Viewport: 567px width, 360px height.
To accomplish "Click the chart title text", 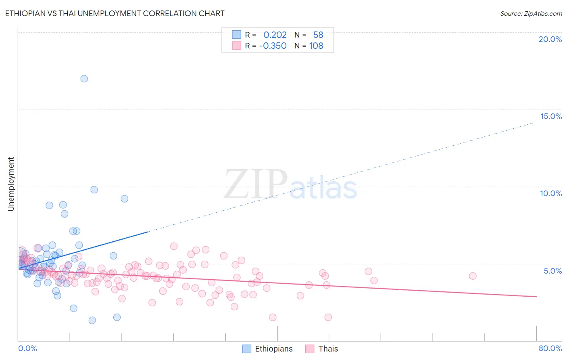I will click(115, 13).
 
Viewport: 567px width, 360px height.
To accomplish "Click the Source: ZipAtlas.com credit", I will click(531, 13).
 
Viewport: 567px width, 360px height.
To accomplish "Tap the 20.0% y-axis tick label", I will click(550, 39).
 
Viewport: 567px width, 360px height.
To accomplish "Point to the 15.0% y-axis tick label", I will click(551, 116).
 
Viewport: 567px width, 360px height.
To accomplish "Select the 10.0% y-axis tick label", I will click(551, 193).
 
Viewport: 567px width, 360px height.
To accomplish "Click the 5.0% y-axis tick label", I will click(552, 271).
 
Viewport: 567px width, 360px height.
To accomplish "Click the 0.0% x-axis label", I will click(27, 348).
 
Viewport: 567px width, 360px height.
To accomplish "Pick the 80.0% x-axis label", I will click(550, 348).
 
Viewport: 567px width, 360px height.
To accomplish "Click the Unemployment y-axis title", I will click(11, 184).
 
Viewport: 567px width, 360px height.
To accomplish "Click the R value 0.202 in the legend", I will click(275, 35).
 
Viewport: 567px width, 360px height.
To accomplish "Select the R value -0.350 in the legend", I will click(273, 46).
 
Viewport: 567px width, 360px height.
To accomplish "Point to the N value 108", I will click(316, 46).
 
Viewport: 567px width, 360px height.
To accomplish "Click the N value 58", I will click(318, 35).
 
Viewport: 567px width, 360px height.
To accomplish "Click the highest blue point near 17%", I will click(84, 79).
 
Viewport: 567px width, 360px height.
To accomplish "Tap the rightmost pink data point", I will click(473, 276).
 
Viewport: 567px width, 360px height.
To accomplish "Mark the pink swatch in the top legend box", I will click(236, 46).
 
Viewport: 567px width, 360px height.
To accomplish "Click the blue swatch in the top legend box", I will click(236, 35).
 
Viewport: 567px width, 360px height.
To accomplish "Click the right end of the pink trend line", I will click(536, 297).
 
